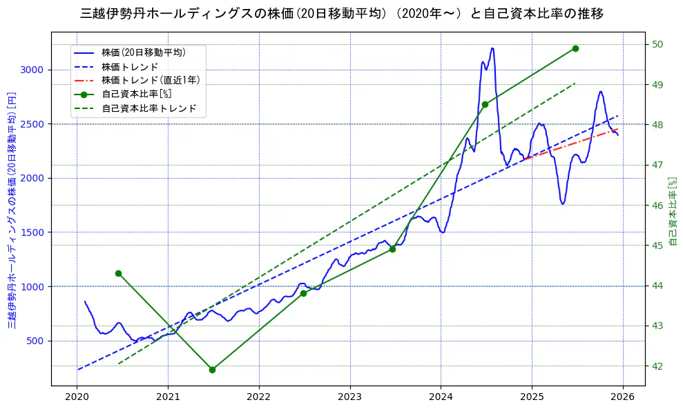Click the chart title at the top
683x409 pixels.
342,13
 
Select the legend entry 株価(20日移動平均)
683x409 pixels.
143,52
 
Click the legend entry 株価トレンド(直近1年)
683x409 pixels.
151,80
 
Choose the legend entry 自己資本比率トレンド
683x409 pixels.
148,108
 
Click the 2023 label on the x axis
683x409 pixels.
349,397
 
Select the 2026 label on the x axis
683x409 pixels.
623,397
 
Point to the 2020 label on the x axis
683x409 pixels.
77,397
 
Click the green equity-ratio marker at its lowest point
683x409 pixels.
212,370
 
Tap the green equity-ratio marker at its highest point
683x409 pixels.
575,48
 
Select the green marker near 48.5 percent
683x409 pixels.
485,104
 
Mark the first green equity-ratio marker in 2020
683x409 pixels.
118,273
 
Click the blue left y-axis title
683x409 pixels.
12,210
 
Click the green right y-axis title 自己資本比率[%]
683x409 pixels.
673,210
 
